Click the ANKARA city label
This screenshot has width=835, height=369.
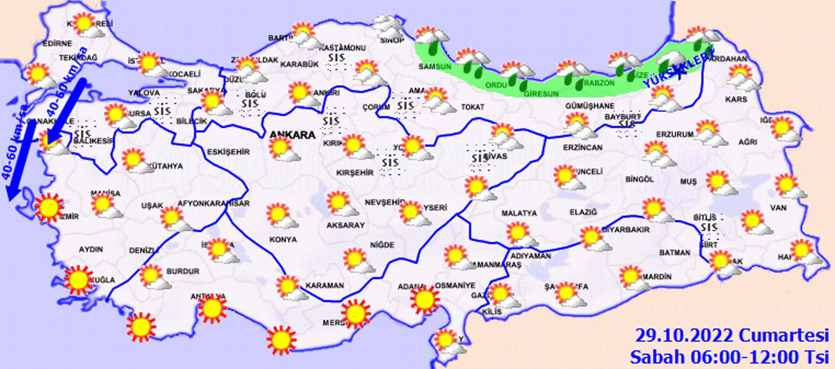pos(292,135)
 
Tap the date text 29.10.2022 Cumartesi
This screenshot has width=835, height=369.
pos(731,336)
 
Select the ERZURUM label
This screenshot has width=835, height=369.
pos(675,135)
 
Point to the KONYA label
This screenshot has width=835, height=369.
pos(283,239)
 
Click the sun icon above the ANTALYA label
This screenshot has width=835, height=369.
pos(212,308)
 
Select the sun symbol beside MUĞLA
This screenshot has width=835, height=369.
pos(79,280)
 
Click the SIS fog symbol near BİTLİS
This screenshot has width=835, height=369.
pos(709,228)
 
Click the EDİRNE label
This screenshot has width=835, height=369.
pos(57,43)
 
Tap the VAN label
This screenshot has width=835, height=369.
pos(778,208)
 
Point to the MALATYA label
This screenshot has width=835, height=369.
pos(519,213)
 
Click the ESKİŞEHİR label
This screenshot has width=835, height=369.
pos(228,152)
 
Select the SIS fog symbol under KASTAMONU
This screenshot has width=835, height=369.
pos(336,58)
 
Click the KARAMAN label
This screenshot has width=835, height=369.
pos(324,286)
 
